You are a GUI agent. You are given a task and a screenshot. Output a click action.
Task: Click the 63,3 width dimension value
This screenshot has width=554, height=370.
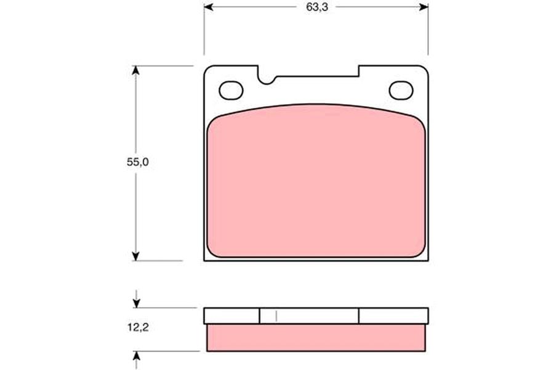[317, 7]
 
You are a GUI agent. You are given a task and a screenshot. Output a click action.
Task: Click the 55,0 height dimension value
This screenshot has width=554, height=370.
[138, 162]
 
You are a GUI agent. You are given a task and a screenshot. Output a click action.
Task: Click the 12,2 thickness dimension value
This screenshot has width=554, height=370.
[138, 327]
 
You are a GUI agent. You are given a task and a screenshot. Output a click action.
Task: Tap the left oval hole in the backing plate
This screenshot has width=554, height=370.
[231, 91]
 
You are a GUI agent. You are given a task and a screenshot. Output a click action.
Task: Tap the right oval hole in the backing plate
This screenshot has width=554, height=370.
[401, 91]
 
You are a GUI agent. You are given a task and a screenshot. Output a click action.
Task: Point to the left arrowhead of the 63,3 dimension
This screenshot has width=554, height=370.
[209, 7]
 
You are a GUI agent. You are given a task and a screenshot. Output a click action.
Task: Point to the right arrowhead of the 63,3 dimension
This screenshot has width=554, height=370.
[424, 7]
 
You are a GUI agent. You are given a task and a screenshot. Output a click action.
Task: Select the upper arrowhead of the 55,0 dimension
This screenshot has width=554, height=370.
[135, 70]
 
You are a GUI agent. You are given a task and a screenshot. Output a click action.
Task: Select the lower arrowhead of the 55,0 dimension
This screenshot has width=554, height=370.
[135, 257]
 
